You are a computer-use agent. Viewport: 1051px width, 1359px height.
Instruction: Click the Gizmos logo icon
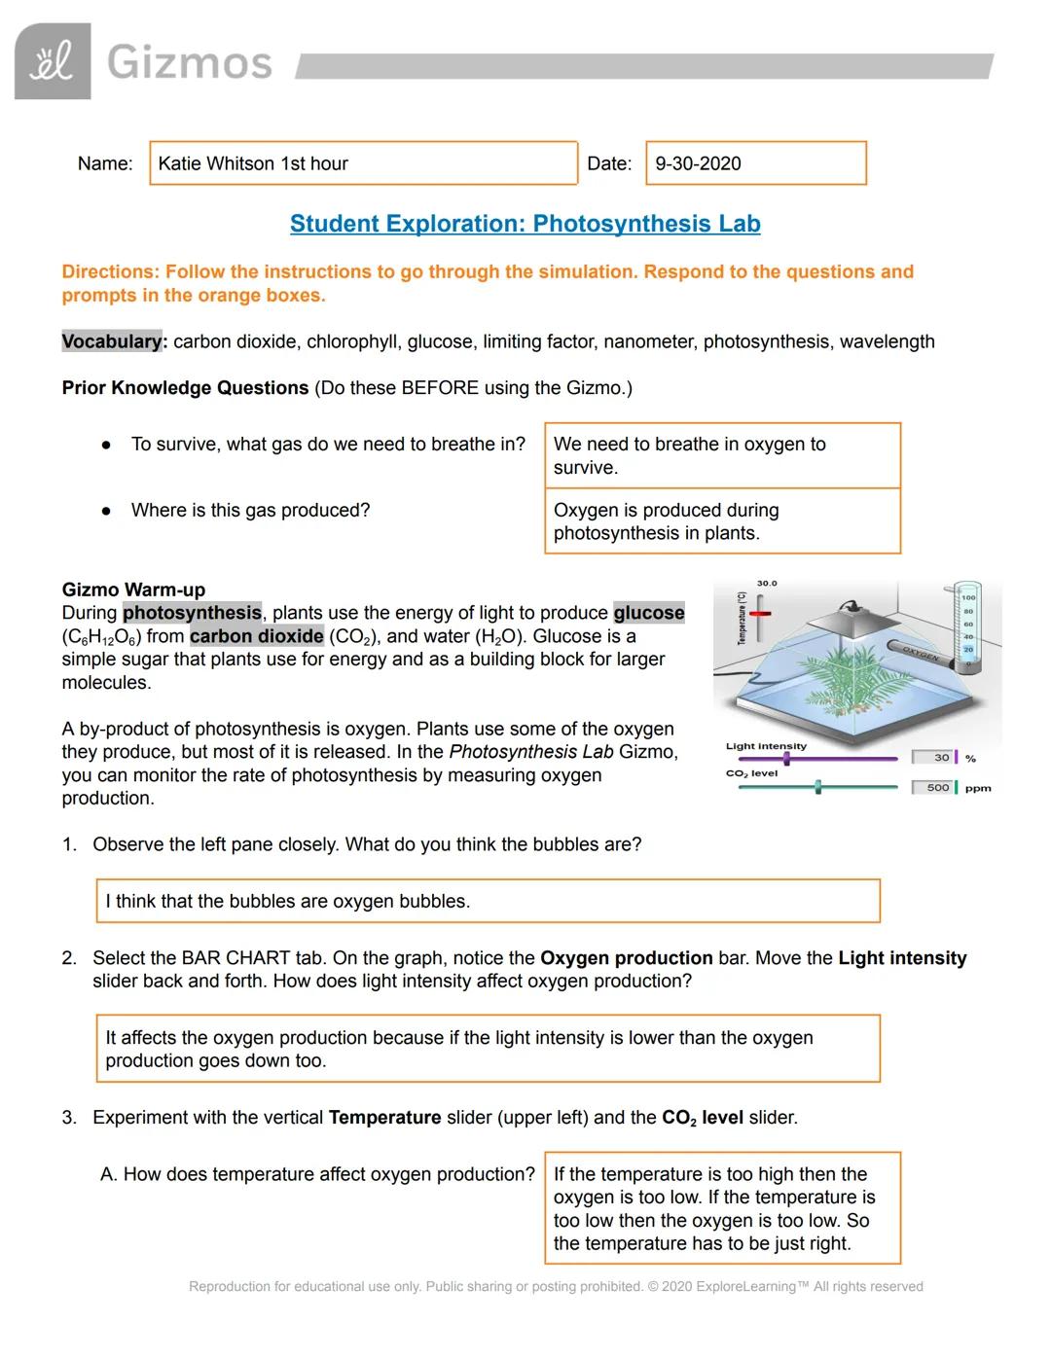click(53, 61)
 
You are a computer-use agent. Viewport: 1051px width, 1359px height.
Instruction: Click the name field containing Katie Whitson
click(363, 163)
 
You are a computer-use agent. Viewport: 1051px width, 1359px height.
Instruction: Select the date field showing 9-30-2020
click(755, 163)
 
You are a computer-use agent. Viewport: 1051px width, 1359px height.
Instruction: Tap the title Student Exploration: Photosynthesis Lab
click(525, 224)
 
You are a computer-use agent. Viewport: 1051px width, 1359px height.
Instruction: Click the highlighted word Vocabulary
click(112, 341)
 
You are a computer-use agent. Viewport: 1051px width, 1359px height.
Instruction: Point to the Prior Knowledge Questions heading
click(185, 388)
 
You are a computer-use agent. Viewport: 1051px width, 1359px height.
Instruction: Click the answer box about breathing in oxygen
click(722, 455)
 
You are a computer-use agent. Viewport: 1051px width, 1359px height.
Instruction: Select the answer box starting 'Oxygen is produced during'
click(722, 521)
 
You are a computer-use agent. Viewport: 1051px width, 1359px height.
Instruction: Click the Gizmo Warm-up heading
click(133, 590)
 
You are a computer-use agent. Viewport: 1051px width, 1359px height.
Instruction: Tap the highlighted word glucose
click(648, 613)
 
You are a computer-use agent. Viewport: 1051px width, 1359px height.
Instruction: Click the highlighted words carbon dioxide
click(257, 636)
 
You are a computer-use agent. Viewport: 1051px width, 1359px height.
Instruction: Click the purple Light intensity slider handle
click(786, 758)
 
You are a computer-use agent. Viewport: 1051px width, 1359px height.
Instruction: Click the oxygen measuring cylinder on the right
click(966, 627)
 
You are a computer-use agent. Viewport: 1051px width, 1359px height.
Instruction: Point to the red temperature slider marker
click(760, 615)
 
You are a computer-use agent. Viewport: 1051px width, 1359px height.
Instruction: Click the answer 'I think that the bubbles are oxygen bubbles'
click(488, 901)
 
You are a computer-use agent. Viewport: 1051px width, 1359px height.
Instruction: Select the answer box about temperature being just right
click(722, 1208)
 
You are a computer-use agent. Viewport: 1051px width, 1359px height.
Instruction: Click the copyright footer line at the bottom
click(556, 1286)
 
